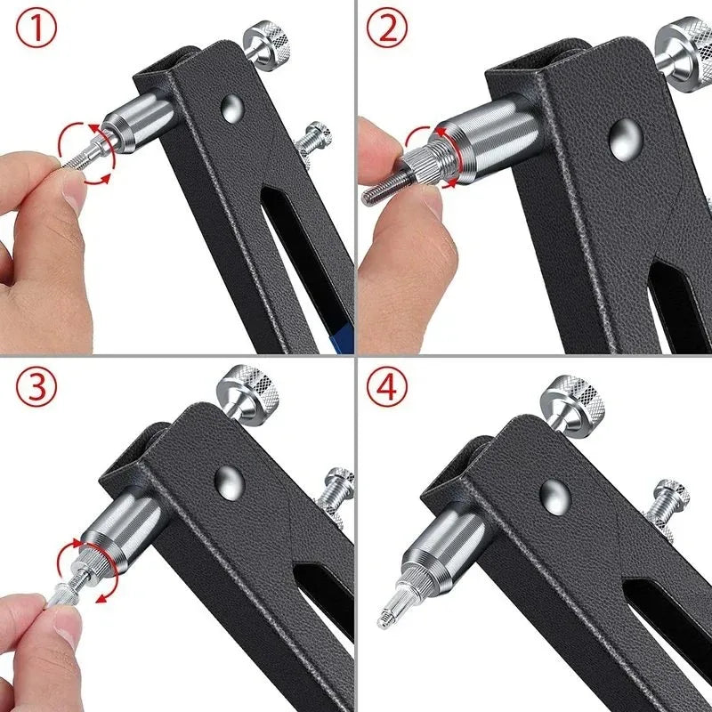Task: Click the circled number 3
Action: point(36,388)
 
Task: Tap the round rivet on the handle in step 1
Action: point(234,111)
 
